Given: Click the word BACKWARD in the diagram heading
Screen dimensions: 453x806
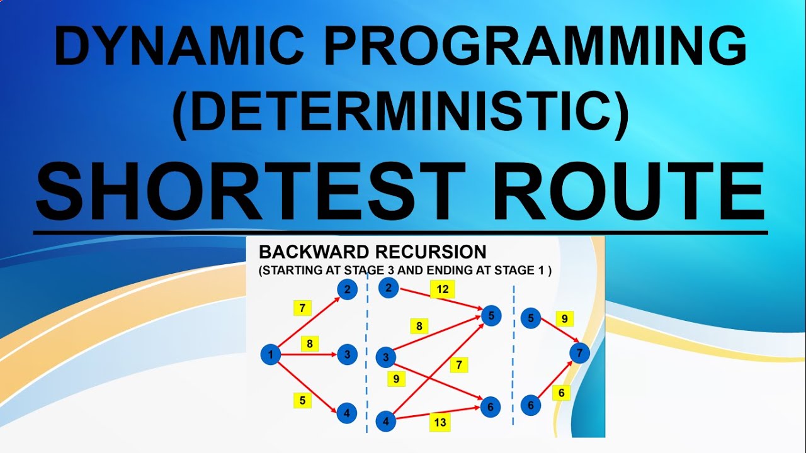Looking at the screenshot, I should pos(315,252).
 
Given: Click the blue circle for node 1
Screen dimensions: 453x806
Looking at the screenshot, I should pos(270,355).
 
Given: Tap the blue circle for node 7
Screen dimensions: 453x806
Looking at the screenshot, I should pos(579,353).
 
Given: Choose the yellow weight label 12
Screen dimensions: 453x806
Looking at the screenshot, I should pos(443,289).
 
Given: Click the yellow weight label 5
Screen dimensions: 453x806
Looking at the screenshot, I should pos(303,400).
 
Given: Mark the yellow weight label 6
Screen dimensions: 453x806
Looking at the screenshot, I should pos(562,393).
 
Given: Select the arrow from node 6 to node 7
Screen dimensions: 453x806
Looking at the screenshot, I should pos(554,381).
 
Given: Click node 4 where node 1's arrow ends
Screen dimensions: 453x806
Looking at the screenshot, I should pos(346,413).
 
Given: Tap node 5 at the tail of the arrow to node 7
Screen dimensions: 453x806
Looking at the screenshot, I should pos(531,319).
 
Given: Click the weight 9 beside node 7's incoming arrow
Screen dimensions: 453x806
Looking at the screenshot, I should pos(565,319).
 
